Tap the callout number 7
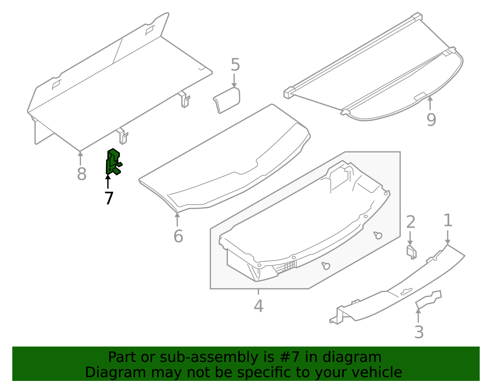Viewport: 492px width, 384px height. [109, 198]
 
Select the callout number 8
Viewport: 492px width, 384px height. [82, 174]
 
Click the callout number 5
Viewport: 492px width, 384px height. [235, 65]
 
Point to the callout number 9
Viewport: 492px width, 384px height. [431, 120]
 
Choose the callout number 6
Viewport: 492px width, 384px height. [178, 236]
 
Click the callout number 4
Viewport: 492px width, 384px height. [259, 306]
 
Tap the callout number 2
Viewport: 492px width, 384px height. [411, 222]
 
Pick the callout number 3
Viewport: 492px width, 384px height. [419, 332]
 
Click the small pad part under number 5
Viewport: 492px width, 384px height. [227, 100]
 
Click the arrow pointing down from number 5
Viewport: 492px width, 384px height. [234, 81]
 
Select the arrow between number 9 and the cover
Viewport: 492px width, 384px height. [430, 103]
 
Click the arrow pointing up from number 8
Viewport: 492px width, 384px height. [80, 158]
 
